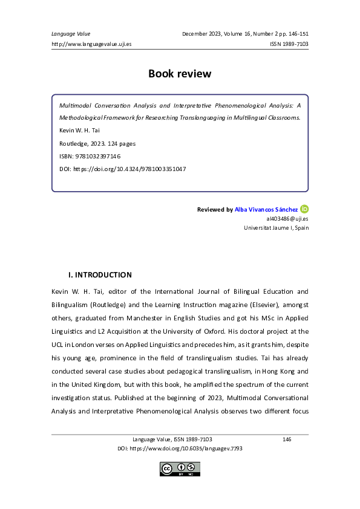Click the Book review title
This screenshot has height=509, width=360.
coord(180,74)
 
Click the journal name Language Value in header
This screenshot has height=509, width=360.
coord(67,33)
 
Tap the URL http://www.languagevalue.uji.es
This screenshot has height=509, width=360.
coord(92,44)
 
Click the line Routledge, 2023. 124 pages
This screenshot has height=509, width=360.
coord(97,143)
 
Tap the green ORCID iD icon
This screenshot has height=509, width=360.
coord(304,209)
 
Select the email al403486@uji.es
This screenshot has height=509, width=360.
coord(287,219)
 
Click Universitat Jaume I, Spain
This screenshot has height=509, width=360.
coord(276,228)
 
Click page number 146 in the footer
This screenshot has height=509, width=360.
coord(287,439)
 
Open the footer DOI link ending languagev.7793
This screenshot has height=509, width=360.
coord(180,449)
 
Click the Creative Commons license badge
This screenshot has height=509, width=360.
coord(179,468)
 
